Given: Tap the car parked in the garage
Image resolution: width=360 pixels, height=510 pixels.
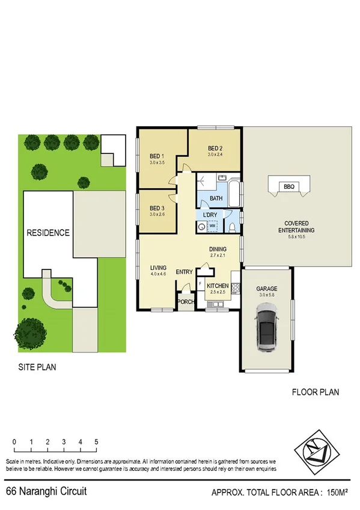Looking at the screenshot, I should click(267, 328).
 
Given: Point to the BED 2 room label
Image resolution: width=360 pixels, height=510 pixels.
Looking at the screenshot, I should click(216, 149).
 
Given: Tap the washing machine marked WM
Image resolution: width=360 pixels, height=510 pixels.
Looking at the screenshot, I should click(212, 226).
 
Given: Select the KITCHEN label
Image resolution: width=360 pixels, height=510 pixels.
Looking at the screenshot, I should click(217, 286).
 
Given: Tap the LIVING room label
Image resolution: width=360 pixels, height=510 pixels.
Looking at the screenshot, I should click(158, 268).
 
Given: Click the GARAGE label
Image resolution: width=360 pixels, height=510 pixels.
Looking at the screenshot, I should click(267, 289).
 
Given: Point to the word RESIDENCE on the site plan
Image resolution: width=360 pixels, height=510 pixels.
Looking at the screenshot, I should click(47, 232).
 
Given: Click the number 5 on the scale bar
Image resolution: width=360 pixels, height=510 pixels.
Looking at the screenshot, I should click(96, 442).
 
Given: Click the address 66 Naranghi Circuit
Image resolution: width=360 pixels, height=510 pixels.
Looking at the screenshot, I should click(46, 492).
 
